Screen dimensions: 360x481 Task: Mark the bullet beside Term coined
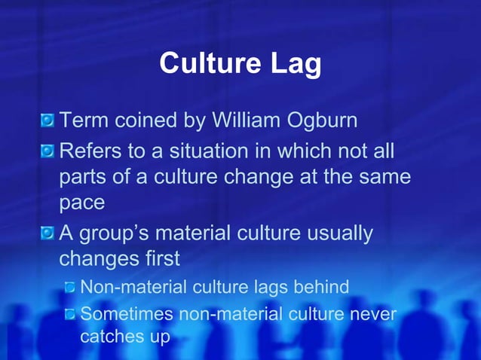click(47, 121)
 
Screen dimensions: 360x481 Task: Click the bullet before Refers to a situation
click(47, 151)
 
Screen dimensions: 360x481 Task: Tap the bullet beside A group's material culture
click(47, 233)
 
